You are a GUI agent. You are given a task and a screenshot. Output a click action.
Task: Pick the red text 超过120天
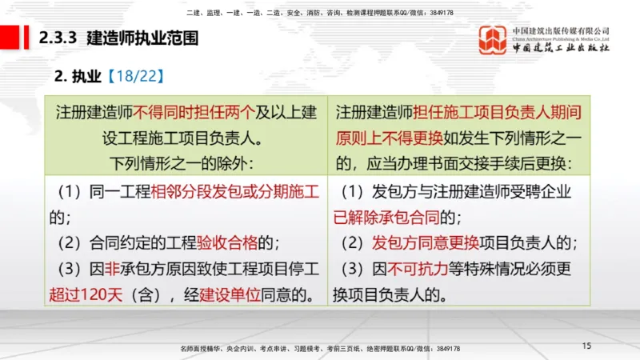click(86, 294)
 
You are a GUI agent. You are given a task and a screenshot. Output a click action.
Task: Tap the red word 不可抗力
click(420, 269)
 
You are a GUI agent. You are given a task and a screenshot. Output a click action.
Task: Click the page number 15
click(586, 346)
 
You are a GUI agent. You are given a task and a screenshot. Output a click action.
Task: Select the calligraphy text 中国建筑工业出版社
click(561, 48)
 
